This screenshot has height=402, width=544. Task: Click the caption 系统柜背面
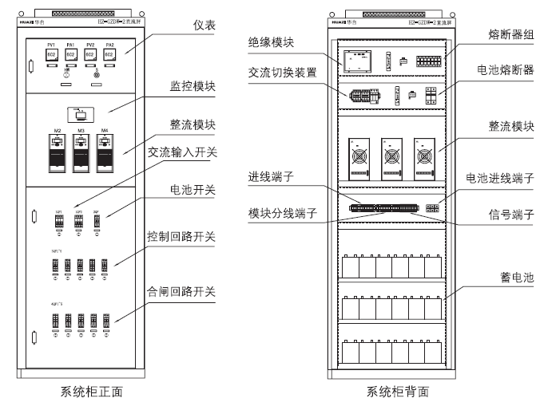coord(397,391)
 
